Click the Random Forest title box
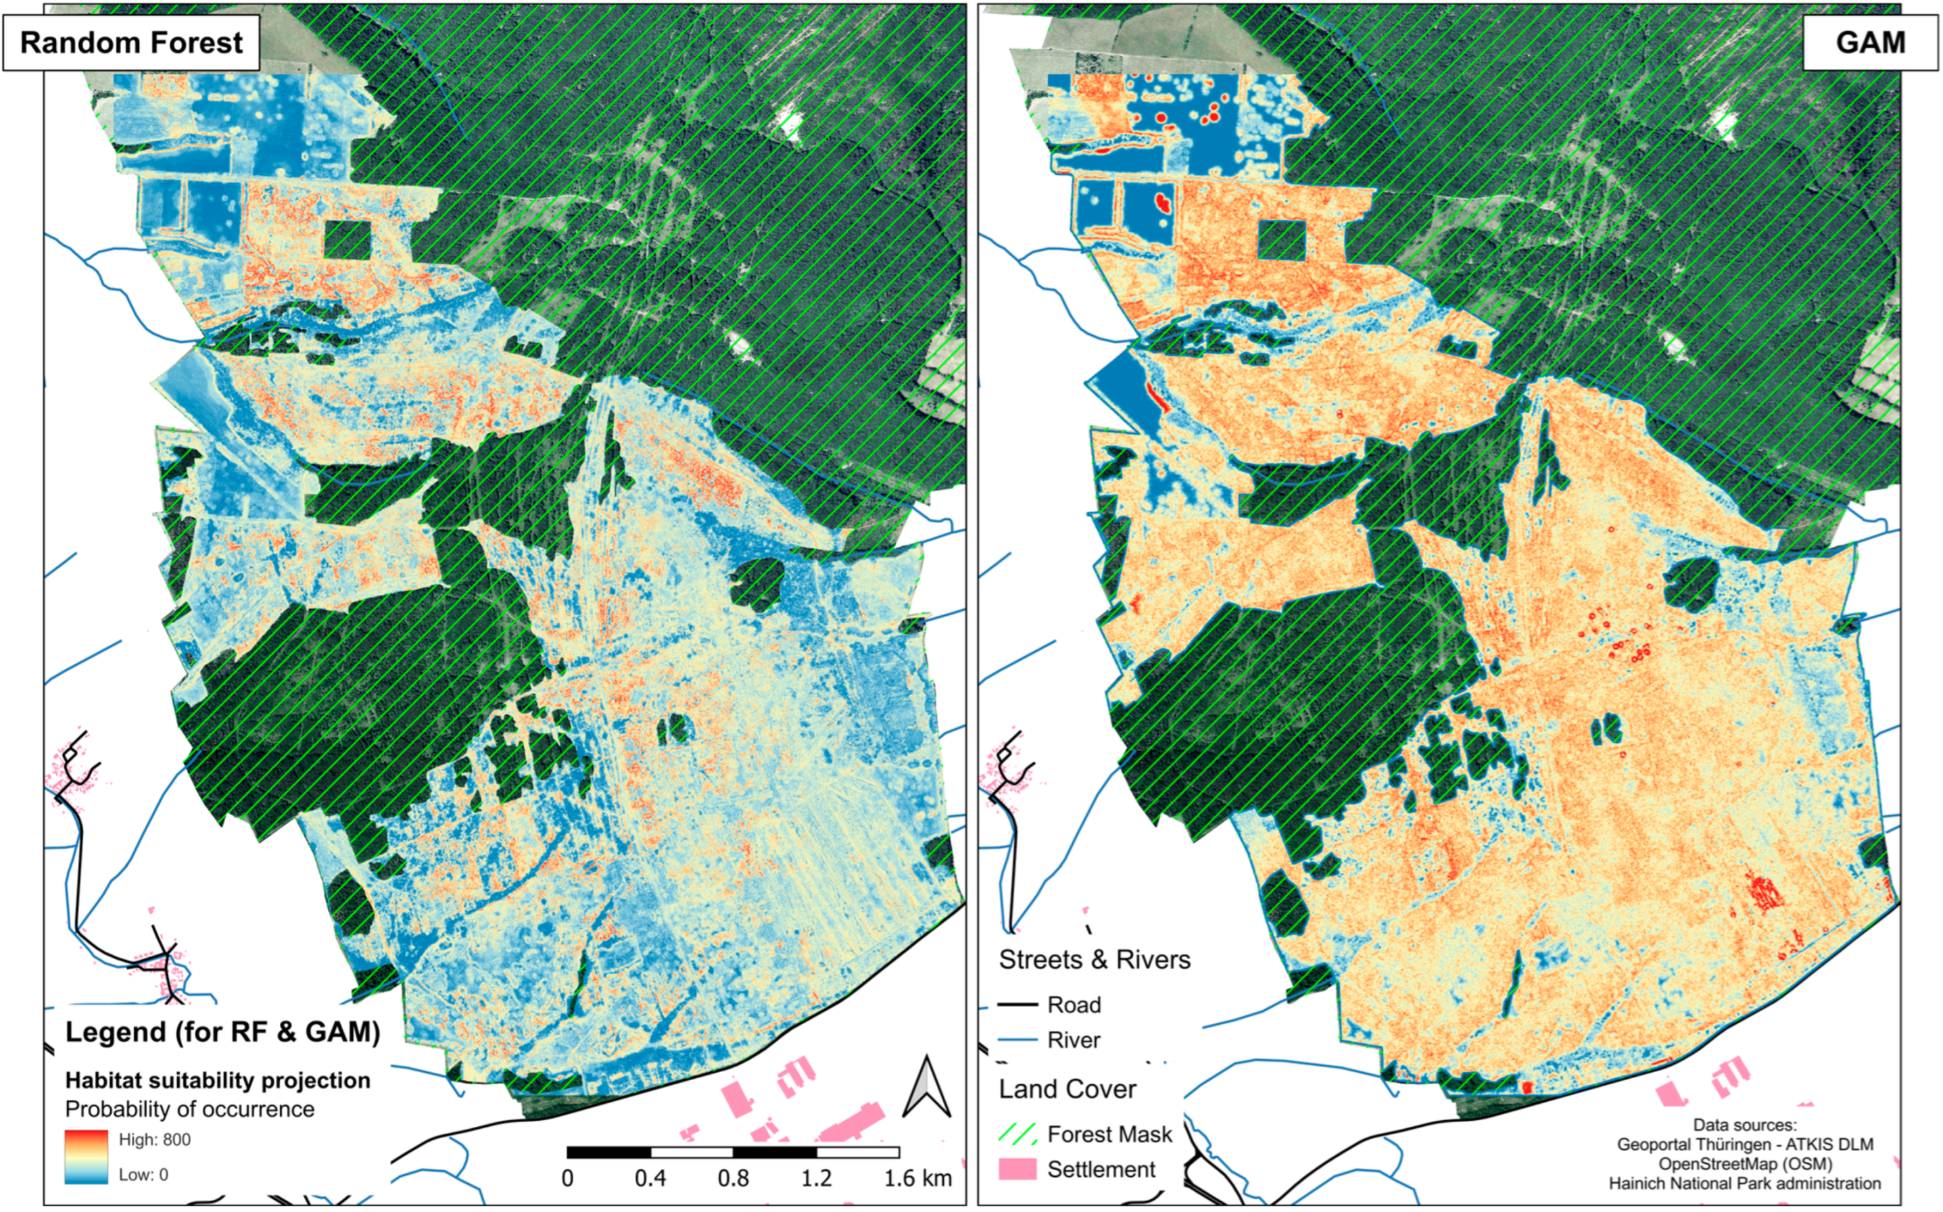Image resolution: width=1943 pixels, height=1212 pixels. pyautogui.click(x=130, y=43)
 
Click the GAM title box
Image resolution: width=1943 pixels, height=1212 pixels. pyautogui.click(x=1869, y=43)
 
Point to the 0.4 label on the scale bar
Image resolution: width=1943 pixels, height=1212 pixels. pyautogui.click(x=650, y=1178)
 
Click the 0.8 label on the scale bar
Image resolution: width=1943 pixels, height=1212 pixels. pyautogui.click(x=733, y=1178)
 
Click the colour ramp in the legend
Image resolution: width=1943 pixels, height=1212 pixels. pyautogui.click(x=86, y=1157)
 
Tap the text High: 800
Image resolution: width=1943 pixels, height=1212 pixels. pyautogui.click(x=154, y=1140)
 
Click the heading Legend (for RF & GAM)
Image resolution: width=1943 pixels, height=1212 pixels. pyautogui.click(x=222, y=1032)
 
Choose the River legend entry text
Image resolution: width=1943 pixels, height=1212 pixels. pyautogui.click(x=1074, y=1040)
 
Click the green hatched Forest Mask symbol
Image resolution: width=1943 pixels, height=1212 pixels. pyautogui.click(x=1016, y=1134)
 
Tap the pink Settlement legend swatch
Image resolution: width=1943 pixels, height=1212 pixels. pyautogui.click(x=1016, y=1169)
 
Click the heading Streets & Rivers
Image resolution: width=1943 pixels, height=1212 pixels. pyautogui.click(x=1094, y=959)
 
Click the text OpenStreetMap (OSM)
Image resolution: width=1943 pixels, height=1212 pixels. pyautogui.click(x=1745, y=1164)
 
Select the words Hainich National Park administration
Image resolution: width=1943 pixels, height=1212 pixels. pyautogui.click(x=1744, y=1184)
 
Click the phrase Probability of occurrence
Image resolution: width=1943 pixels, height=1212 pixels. pyautogui.click(x=189, y=1109)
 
